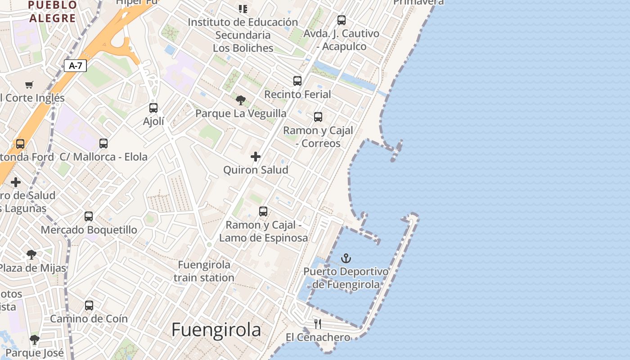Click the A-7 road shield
pos(75,66)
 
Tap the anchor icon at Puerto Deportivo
pos(346,258)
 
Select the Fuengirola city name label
pos(216,330)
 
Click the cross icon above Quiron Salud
pos(256,157)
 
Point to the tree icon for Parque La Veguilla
pos(241,100)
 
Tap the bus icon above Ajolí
pos(153,108)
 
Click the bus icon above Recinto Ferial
pos(297,81)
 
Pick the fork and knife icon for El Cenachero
pos(318,324)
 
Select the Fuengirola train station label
pos(204,271)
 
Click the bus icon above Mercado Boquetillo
pos(89,216)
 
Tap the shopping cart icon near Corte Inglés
pos(29,85)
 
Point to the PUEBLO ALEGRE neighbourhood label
pos(52,12)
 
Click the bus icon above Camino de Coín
pos(89,306)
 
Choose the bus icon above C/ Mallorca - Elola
pos(103,144)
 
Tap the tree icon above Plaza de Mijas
pos(31,255)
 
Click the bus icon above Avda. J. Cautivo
pos(342,20)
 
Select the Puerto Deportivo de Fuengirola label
pos(346,278)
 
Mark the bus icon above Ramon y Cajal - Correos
pos(318,117)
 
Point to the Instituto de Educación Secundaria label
pos(243,35)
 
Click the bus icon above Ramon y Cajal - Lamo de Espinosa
pos(263,211)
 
